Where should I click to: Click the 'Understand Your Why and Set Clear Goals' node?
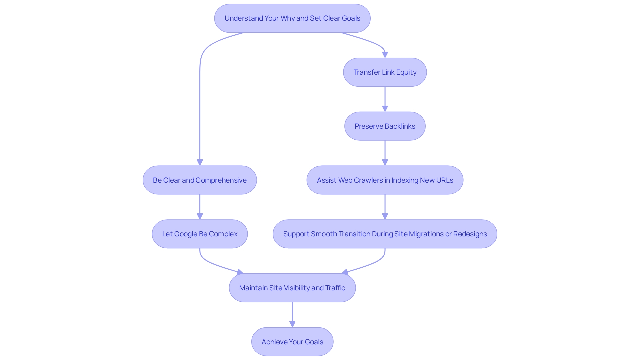[x=292, y=18]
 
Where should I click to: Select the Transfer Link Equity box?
[x=385, y=72]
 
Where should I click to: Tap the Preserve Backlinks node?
[x=385, y=126]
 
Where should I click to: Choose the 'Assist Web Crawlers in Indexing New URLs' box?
[x=385, y=180]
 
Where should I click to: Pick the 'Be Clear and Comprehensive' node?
[x=200, y=180]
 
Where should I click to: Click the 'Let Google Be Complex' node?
[x=200, y=234]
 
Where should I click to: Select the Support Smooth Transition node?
[x=385, y=234]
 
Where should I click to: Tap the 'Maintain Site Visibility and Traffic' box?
[x=292, y=288]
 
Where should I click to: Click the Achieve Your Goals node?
[x=292, y=342]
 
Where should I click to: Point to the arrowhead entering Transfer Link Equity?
[x=385, y=55]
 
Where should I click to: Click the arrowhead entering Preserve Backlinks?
[x=385, y=109]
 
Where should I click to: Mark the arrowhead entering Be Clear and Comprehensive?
[x=200, y=162]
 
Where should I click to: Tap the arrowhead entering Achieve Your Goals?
[x=292, y=324]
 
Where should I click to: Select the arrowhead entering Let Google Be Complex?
[x=200, y=216]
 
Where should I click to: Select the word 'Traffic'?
[x=335, y=288]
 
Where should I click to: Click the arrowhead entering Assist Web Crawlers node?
[x=385, y=162]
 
